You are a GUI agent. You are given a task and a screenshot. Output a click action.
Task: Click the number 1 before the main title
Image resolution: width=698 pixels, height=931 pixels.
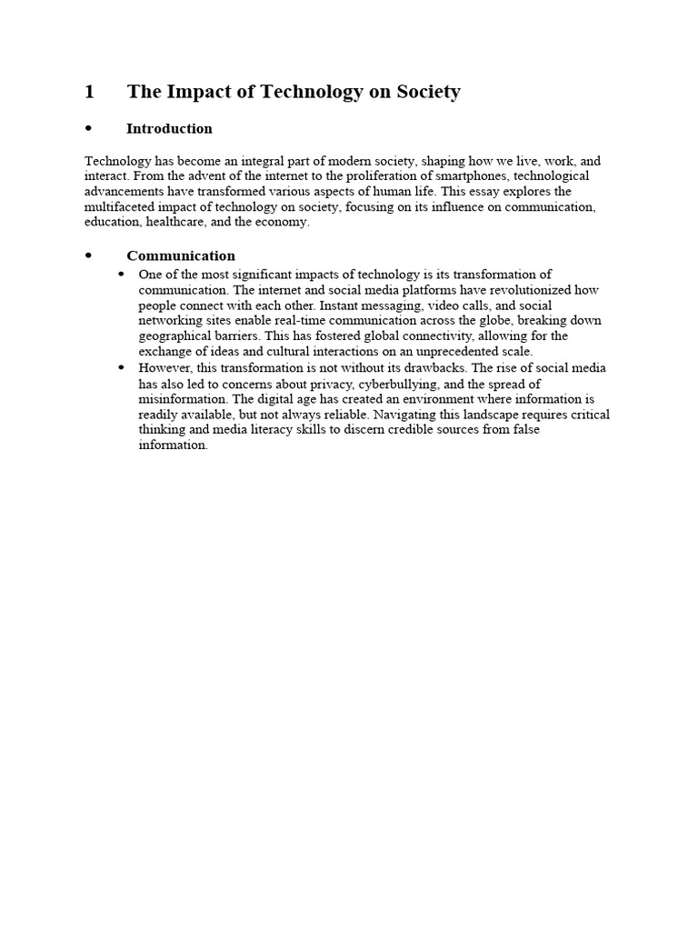click(89, 92)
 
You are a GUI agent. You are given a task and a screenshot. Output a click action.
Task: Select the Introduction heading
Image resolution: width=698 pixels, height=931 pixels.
click(169, 128)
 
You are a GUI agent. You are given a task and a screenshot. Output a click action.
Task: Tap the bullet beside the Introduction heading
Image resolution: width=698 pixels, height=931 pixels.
click(89, 128)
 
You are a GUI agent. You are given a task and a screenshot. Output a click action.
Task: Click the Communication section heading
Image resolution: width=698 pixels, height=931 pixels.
click(181, 255)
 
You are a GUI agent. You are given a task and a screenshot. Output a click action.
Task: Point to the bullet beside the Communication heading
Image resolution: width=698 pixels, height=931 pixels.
click(89, 255)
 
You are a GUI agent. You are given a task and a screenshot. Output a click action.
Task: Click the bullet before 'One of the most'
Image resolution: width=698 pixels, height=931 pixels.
click(121, 275)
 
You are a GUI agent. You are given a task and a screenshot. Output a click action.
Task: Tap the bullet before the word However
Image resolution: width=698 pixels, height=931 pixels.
click(121, 367)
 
